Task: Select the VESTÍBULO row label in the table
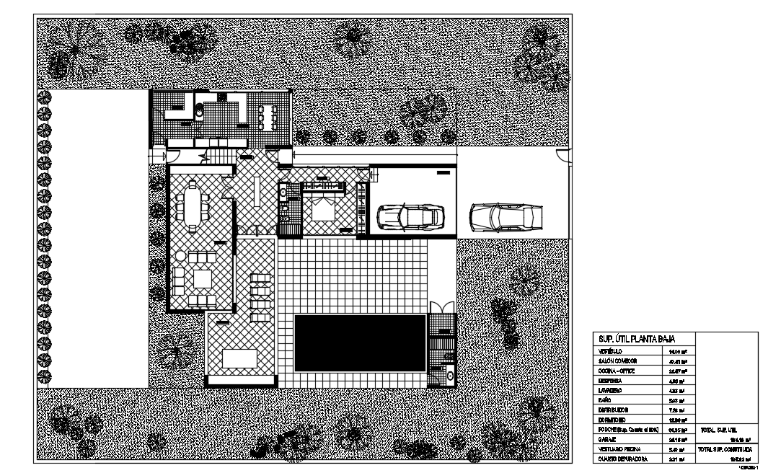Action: point(611,350)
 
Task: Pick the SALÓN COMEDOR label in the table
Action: point(617,360)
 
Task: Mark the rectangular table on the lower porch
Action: point(239,358)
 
